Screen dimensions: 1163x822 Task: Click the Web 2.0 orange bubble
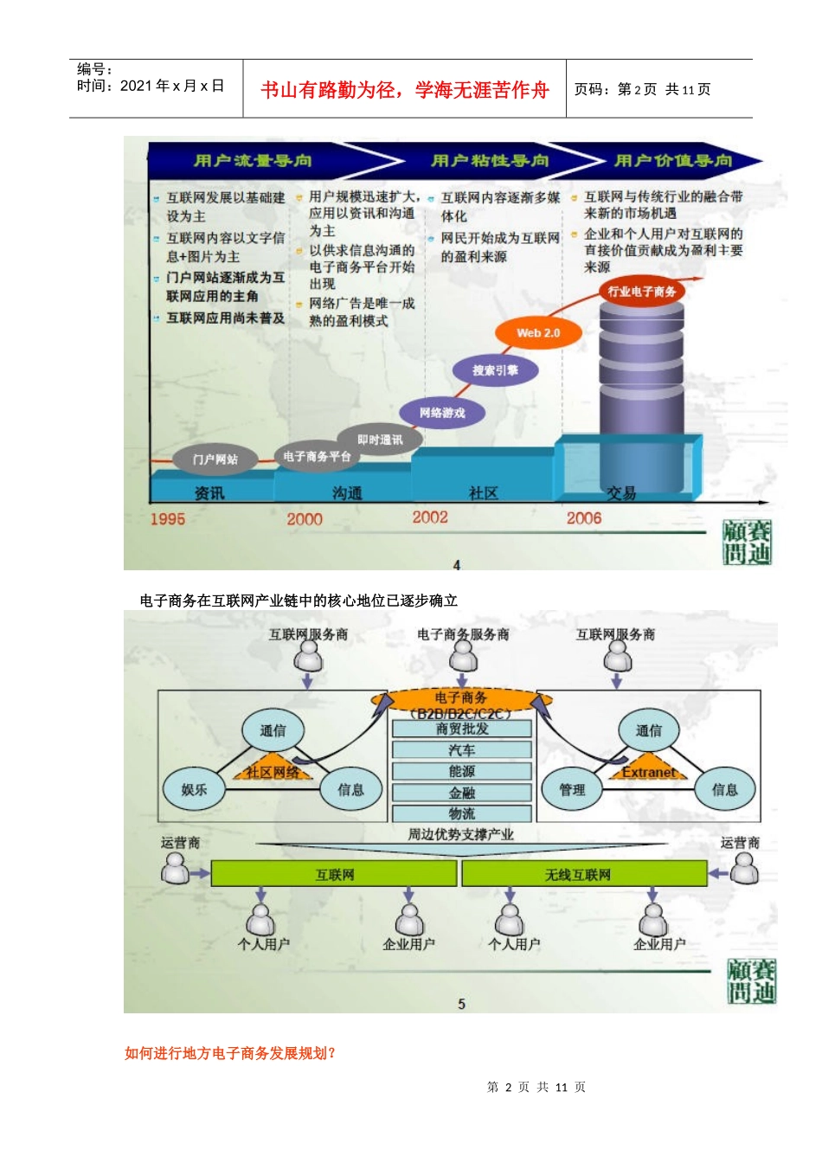(x=538, y=333)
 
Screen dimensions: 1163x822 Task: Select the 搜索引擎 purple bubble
(x=495, y=370)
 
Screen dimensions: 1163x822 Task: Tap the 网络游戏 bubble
(x=442, y=413)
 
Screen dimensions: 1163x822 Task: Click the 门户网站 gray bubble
(x=215, y=459)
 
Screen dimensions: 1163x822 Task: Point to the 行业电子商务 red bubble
(x=641, y=292)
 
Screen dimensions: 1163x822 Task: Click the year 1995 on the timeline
(x=168, y=519)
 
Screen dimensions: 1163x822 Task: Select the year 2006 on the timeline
(x=584, y=518)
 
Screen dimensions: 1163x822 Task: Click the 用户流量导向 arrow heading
(x=253, y=160)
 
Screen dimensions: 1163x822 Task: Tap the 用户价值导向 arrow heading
(x=673, y=160)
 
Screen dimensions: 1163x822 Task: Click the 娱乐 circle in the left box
(x=195, y=789)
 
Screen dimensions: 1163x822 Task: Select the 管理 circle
(x=572, y=789)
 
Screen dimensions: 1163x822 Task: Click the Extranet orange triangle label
(x=649, y=772)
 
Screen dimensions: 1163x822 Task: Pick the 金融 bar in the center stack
(x=462, y=792)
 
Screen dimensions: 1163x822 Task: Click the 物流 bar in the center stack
(x=462, y=813)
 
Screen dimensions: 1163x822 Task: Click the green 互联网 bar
(x=334, y=874)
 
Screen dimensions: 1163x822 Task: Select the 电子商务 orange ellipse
(x=460, y=697)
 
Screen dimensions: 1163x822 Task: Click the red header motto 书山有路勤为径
(x=405, y=90)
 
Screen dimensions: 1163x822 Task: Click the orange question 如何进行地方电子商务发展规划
(x=230, y=1053)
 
